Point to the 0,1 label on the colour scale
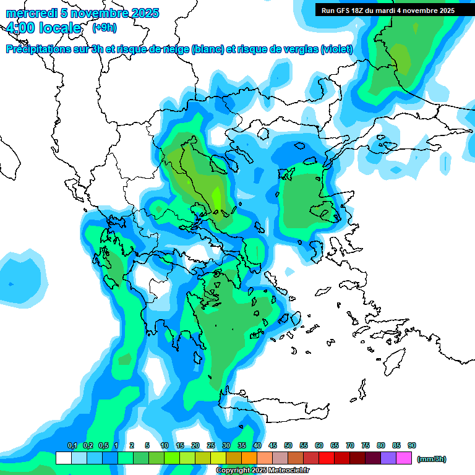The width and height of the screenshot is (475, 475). (72, 446)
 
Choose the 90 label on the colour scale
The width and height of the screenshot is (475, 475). (412, 446)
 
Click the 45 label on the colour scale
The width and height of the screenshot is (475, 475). (273, 446)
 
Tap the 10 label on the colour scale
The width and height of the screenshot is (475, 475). (165, 446)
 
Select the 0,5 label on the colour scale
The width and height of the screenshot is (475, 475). (103, 446)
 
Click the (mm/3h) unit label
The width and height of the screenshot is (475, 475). (432, 459)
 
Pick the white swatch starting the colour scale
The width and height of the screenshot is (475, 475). (63, 458)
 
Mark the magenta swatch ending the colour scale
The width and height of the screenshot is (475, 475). (404, 458)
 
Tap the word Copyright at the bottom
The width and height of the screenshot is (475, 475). (233, 471)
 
